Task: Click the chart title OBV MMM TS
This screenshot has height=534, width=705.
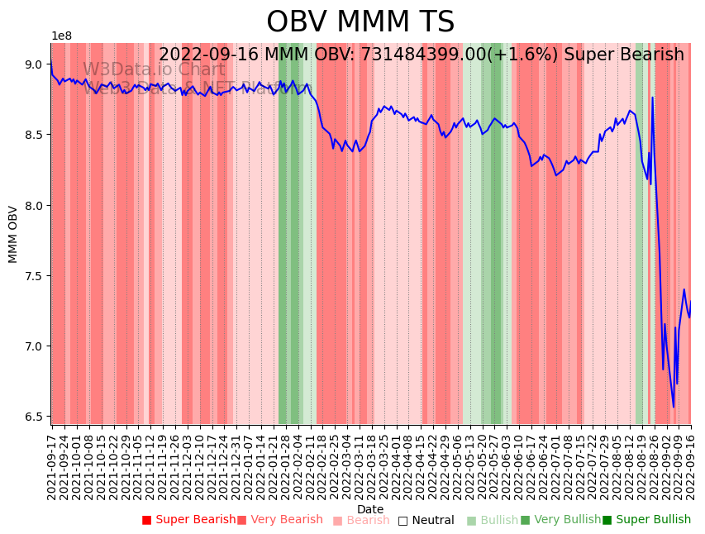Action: coord(360,22)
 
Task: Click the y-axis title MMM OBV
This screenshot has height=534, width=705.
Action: coord(13,234)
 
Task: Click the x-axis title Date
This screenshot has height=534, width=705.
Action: coord(370,509)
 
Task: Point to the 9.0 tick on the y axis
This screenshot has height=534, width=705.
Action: coord(33,64)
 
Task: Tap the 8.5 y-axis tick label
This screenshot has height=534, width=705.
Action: coord(33,135)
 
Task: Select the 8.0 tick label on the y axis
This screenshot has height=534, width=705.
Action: coord(33,205)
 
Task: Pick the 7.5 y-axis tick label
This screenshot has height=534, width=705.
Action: coord(33,276)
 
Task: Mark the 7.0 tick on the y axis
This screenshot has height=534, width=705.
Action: coord(33,346)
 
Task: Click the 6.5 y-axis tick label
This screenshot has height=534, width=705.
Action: coord(33,417)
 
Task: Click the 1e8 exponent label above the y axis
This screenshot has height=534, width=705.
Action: coord(62,36)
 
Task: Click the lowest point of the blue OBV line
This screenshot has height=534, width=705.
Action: coord(674,407)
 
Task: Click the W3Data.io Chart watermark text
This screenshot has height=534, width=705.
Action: coord(154,70)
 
